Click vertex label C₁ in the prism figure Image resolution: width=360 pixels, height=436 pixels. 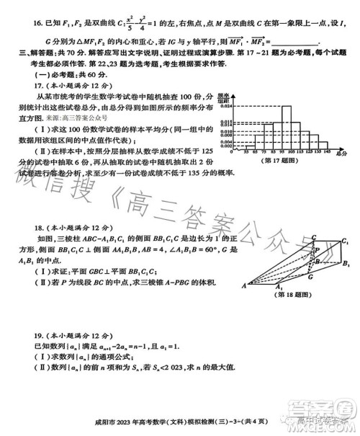(x=346, y=241)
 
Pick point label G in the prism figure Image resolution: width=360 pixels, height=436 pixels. (x=310, y=275)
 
